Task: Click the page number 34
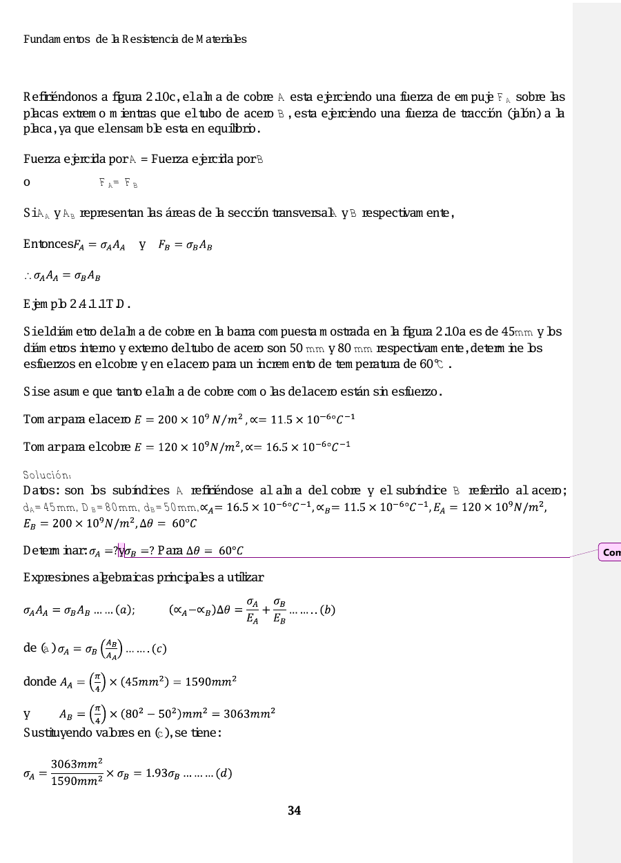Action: pyautogui.click(x=295, y=811)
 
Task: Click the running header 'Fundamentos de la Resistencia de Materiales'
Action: pyautogui.click(x=135, y=39)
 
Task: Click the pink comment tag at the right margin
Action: pyautogui.click(x=610, y=552)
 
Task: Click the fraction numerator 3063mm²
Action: pyautogui.click(x=77, y=762)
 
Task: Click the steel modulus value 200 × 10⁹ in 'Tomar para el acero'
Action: pyautogui.click(x=170, y=419)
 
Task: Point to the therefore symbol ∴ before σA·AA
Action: pyautogui.click(x=28, y=277)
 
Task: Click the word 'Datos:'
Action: pyautogui.click(x=42, y=491)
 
